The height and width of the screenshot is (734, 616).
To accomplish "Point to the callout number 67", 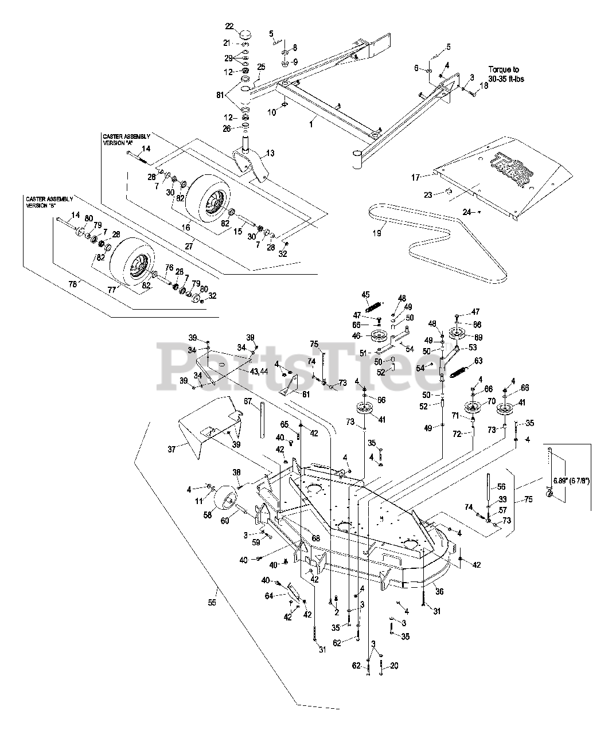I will (x=248, y=402).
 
